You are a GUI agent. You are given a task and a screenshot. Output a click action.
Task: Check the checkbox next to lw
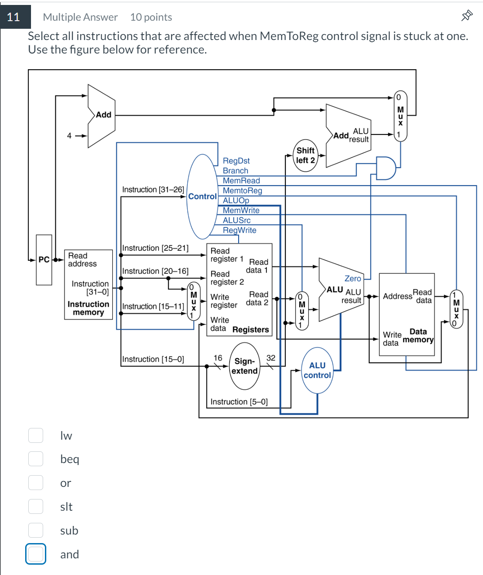(35, 435)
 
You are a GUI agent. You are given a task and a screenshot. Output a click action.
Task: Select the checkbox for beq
(35, 459)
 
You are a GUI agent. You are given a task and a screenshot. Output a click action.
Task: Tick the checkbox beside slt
(35, 506)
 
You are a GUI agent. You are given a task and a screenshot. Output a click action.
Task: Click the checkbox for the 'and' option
(35, 554)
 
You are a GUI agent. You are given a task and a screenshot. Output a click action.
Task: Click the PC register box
(44, 259)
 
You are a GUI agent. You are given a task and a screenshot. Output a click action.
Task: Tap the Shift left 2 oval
(306, 156)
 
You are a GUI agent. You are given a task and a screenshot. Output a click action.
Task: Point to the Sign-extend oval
(244, 366)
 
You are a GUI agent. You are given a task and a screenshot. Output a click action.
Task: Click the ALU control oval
(317, 370)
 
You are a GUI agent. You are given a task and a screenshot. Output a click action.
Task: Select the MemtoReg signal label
(242, 191)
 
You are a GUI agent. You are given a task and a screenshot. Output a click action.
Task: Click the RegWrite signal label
(239, 230)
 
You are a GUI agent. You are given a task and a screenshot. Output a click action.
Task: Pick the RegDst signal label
(236, 161)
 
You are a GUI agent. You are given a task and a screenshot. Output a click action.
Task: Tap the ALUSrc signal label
(237, 220)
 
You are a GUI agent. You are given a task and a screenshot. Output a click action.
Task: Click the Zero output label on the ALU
(353, 279)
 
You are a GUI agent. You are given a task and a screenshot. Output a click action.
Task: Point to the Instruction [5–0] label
(239, 402)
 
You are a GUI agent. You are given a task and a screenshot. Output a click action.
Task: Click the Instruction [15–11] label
(153, 307)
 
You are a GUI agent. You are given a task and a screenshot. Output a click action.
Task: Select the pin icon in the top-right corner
(467, 16)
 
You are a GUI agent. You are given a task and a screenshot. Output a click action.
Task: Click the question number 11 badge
(14, 17)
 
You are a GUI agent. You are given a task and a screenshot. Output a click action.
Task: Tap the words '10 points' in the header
(151, 17)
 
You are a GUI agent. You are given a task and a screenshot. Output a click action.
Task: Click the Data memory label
(418, 335)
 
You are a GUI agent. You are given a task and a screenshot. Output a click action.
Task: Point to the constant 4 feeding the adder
(69, 135)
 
